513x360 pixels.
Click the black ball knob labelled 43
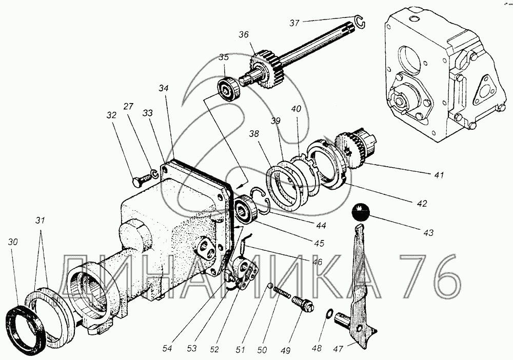360,212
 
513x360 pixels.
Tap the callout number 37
294,23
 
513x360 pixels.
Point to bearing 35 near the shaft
229,88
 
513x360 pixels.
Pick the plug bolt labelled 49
303,303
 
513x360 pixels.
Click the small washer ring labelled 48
330,313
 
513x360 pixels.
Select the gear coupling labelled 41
357,148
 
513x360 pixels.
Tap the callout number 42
422,204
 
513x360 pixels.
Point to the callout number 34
164,88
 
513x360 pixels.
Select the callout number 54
167,349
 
